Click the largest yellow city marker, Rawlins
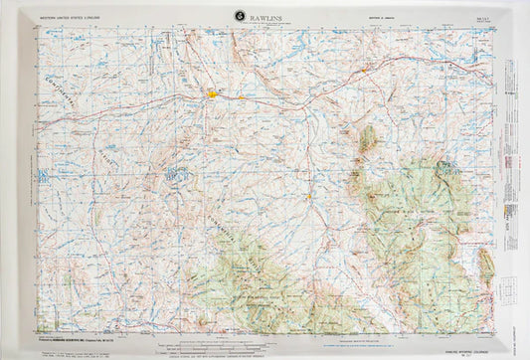coord(214,95)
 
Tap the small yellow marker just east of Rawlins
coord(242,97)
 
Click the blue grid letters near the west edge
coord(41,176)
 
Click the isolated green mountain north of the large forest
coord(367,138)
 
